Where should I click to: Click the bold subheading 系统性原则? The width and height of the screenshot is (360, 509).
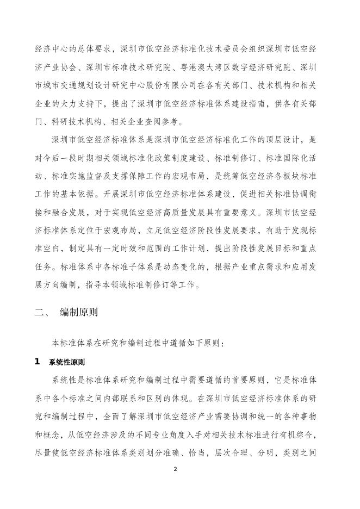[x=70, y=361]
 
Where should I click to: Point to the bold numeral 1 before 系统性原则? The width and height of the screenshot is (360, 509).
[x=38, y=361]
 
